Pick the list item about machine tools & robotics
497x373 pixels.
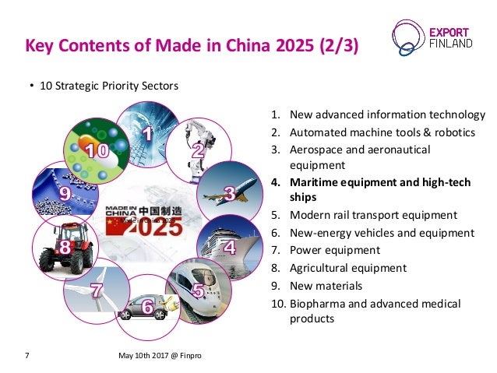pos(382,132)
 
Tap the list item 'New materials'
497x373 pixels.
pos(326,285)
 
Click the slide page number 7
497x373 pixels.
pos(27,357)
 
